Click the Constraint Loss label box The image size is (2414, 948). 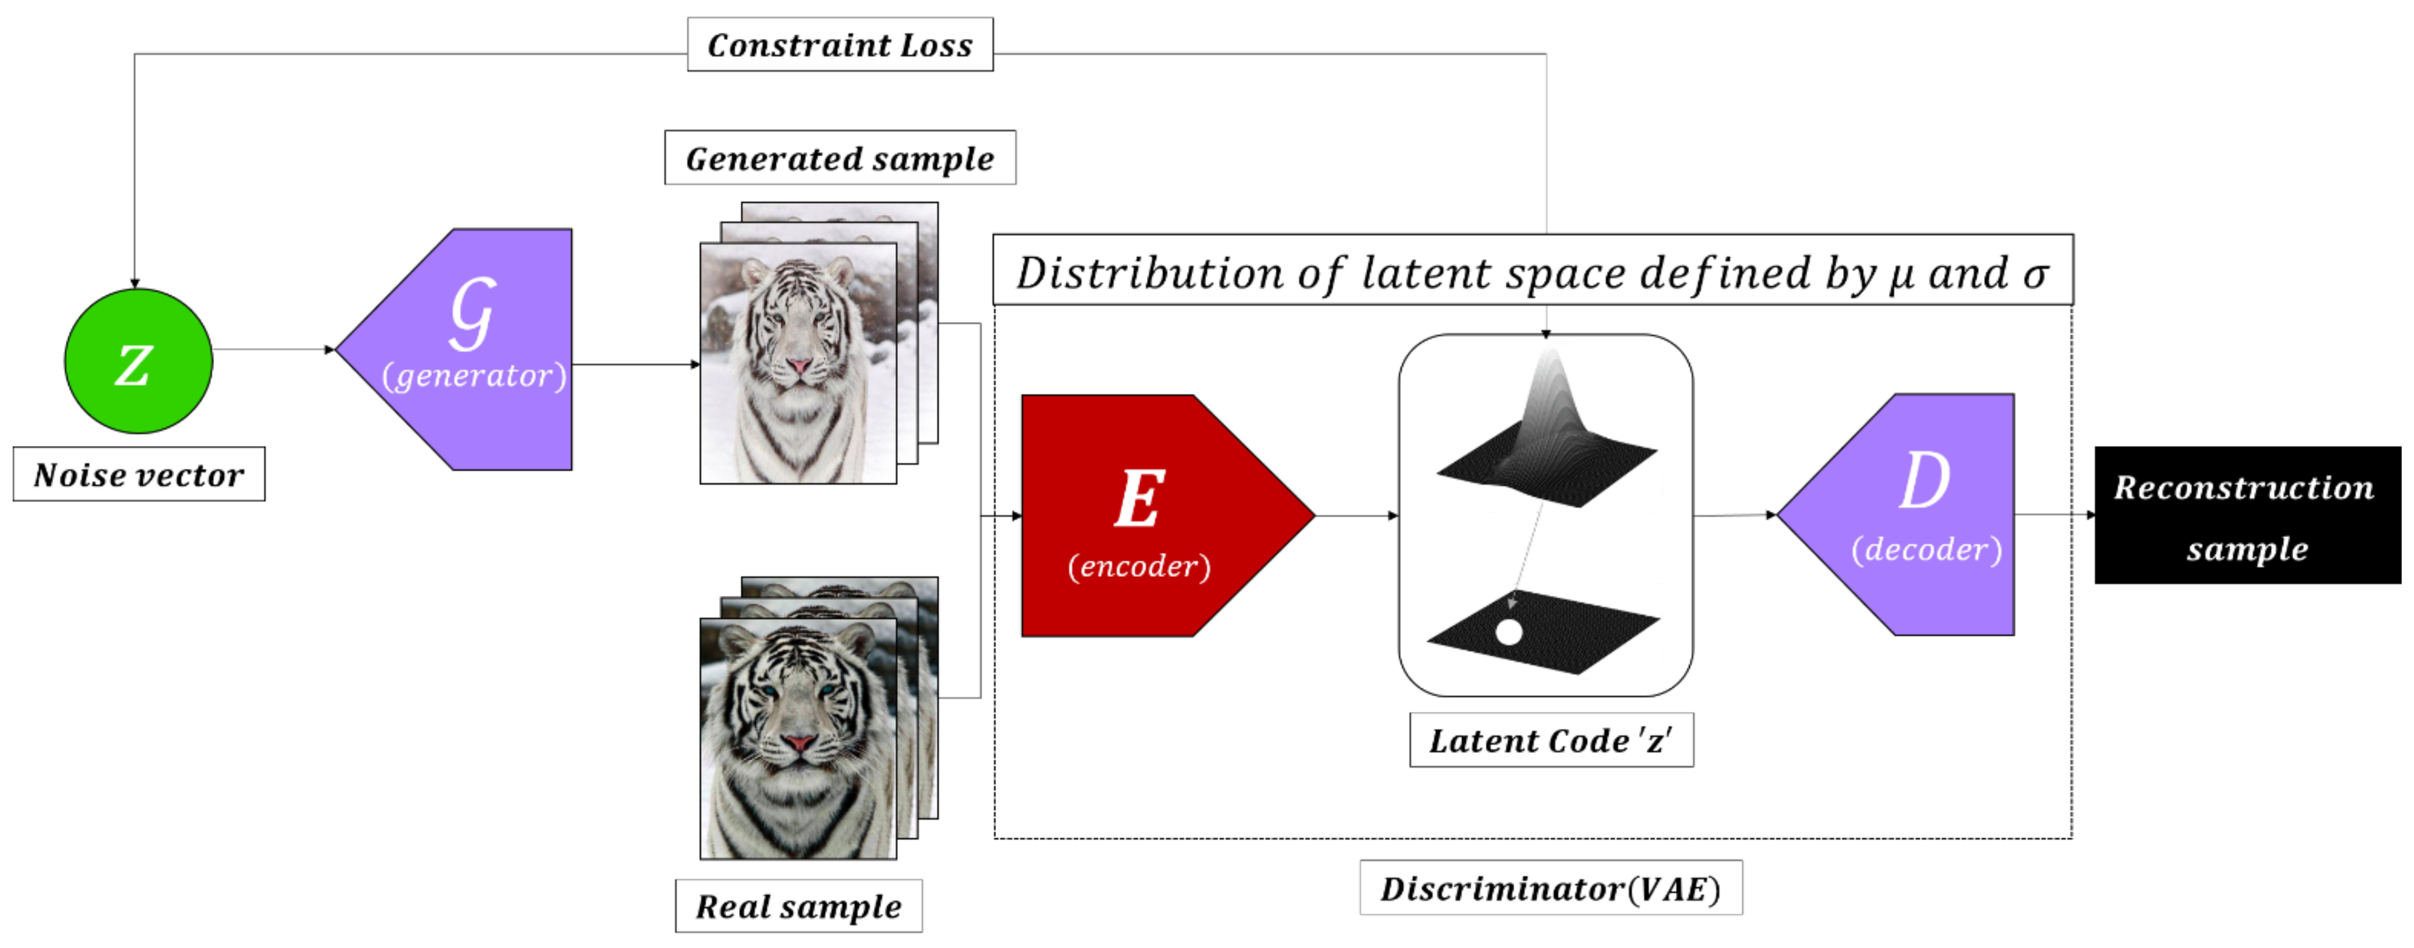coord(840,44)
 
